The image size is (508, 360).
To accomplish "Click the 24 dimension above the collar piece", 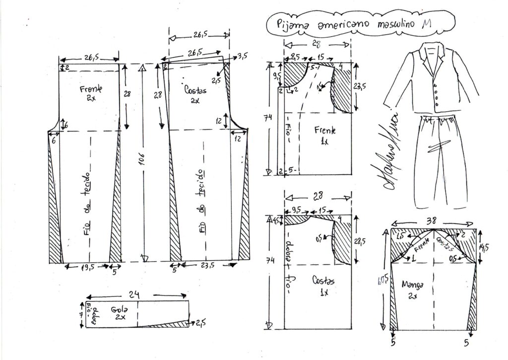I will tap(134, 293).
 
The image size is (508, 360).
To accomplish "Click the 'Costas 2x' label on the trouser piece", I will tap(193, 94).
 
